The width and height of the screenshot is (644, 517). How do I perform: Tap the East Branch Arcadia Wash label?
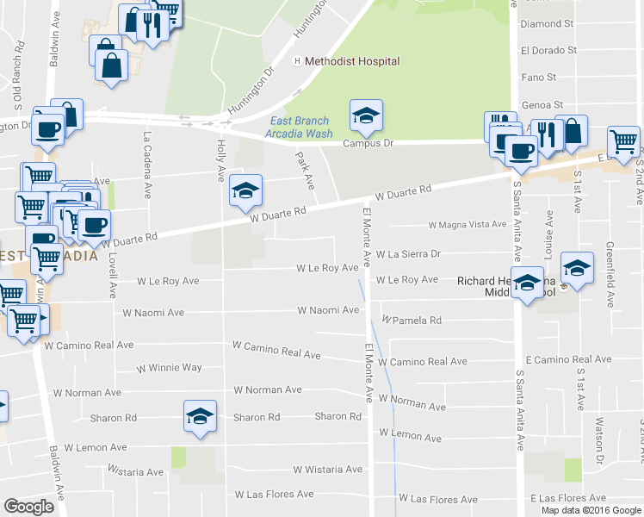click(x=300, y=127)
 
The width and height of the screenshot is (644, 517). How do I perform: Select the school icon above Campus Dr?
click(x=366, y=116)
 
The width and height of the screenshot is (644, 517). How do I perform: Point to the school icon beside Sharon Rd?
click(x=200, y=418)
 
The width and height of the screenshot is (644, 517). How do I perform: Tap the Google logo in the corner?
click(x=29, y=507)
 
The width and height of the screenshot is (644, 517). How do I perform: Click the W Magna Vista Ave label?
click(x=468, y=225)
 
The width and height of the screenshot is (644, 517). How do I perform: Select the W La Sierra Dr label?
click(x=408, y=254)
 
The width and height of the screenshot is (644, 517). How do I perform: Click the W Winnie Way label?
click(x=170, y=368)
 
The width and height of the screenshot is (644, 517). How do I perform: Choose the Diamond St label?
click(x=547, y=24)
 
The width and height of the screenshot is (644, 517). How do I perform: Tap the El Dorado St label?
click(x=548, y=50)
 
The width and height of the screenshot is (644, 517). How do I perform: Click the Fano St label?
click(x=539, y=78)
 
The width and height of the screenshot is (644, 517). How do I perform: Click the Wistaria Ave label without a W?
click(x=136, y=472)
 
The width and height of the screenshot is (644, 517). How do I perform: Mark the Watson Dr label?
click(x=599, y=439)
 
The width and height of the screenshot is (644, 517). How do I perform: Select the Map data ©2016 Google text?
click(x=591, y=509)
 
